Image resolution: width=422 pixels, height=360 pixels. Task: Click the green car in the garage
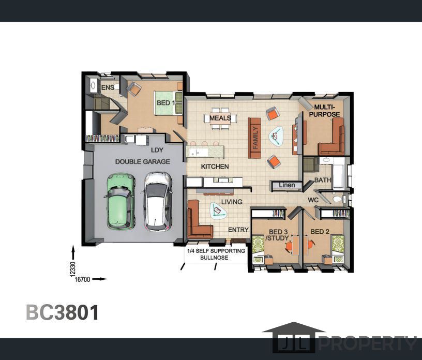pyautogui.click(x=120, y=201)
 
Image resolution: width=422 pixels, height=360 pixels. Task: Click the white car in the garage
pyautogui.click(x=158, y=201)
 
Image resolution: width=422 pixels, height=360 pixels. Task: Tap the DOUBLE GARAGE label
pyautogui.click(x=142, y=161)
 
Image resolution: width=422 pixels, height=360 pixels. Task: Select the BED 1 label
pyautogui.click(x=166, y=103)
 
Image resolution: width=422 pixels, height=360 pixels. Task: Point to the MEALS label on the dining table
pyautogui.click(x=220, y=118)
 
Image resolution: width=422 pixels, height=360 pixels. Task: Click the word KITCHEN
pyautogui.click(x=215, y=167)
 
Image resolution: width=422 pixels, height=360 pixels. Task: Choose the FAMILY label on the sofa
pyautogui.click(x=255, y=138)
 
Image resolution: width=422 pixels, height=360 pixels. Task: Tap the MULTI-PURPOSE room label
pyautogui.click(x=324, y=111)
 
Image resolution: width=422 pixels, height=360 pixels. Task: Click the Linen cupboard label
pyautogui.click(x=287, y=185)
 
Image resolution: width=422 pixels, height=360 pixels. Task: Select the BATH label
pyautogui.click(x=322, y=180)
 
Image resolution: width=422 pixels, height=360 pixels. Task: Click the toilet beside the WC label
pyautogui.click(x=337, y=199)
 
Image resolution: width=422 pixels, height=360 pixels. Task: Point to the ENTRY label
pyautogui.click(x=238, y=230)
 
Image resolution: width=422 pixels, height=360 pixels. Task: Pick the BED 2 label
pyautogui.click(x=320, y=232)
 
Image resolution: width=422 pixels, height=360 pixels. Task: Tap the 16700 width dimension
pyautogui.click(x=82, y=279)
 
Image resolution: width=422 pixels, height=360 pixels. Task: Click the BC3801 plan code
pyautogui.click(x=63, y=312)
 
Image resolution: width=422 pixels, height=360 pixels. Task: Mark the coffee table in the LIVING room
pyautogui.click(x=218, y=211)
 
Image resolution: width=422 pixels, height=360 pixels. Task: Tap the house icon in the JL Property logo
pyautogui.click(x=294, y=337)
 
